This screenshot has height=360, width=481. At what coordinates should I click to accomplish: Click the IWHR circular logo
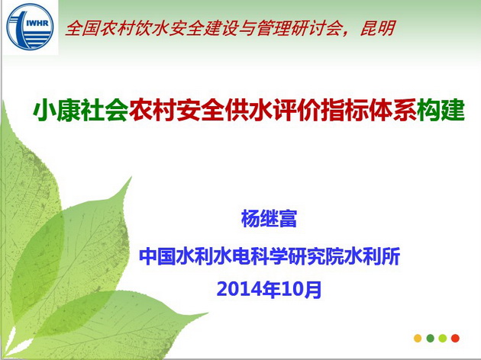(30, 27)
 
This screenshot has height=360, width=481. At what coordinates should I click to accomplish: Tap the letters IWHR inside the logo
(37, 24)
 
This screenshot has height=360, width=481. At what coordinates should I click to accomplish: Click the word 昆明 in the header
(378, 28)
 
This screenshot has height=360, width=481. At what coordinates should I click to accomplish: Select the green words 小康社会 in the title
(81, 111)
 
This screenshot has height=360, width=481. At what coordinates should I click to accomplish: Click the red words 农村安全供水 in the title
(201, 111)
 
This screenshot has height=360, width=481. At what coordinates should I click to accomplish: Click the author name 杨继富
(269, 219)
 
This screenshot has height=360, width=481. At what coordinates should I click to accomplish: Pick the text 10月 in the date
(302, 289)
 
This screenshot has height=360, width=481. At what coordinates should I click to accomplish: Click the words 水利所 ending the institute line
(373, 256)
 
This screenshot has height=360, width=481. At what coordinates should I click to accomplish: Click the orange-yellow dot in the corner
(418, 338)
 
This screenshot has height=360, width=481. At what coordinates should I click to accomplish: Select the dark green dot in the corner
(430, 338)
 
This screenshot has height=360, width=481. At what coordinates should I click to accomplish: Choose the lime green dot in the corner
(443, 338)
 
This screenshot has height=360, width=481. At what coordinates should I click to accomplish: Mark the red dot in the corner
(455, 338)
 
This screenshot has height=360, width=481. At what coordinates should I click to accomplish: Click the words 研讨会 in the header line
(316, 28)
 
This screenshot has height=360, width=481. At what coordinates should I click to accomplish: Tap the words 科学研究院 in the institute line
(298, 256)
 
